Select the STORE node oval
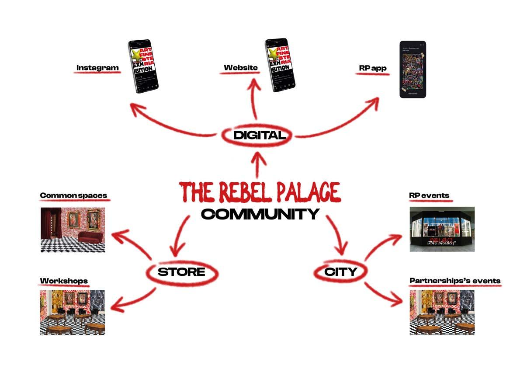coord(181,272)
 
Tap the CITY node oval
coord(340,272)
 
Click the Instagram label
coord(97,68)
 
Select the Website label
coord(240,68)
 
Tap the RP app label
coord(372,68)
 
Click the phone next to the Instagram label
coord(143,66)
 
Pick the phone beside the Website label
coord(280,66)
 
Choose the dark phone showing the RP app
coord(413,69)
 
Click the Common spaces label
coord(73,195)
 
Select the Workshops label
coord(64,281)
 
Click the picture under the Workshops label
coord(73,312)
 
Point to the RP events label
coord(429,195)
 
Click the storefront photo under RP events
coord(442,229)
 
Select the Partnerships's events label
coord(455,281)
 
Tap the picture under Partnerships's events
coord(442,312)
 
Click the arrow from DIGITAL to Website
coord(256,101)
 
